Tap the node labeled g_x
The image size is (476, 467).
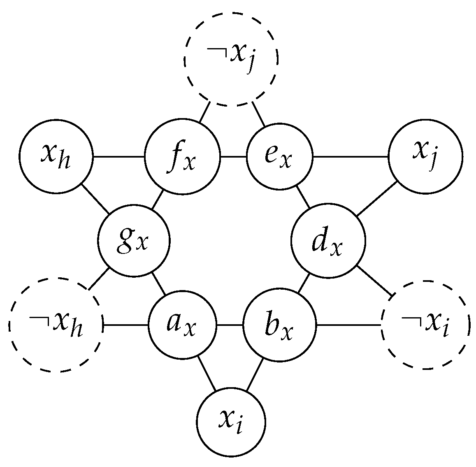click(x=134, y=241)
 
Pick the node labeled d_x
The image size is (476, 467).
click(x=328, y=241)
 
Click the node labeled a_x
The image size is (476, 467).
click(x=182, y=325)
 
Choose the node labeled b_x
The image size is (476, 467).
click(x=280, y=325)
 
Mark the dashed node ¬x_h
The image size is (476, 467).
click(x=56, y=325)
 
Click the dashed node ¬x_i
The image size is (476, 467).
click(x=425, y=325)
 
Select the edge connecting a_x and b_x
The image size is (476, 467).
click(x=230, y=325)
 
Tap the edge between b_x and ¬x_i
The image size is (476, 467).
click(x=349, y=325)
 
